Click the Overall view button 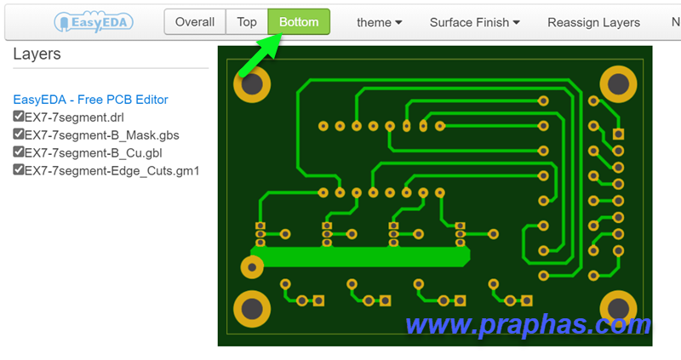tap(195, 22)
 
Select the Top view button tap(247, 22)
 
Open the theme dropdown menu tap(379, 22)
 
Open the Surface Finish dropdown tap(475, 22)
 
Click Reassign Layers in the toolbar tap(593, 22)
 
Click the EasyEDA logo tap(94, 22)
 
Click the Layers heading tap(37, 54)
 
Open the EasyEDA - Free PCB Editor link tap(90, 100)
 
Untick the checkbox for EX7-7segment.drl tap(18, 116)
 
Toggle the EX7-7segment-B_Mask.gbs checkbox tap(18, 134)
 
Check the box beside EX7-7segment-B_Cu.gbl tap(18, 151)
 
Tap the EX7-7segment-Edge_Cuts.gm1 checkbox tap(18, 169)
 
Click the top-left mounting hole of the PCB tap(252, 84)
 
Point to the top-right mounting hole tap(619, 84)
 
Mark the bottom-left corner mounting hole tap(252, 309)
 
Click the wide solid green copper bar tap(360, 257)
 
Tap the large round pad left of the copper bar tap(252, 267)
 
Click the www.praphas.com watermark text tap(528, 325)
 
